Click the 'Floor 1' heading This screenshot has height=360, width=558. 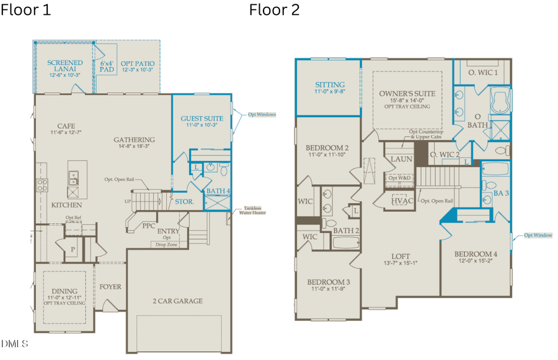25,10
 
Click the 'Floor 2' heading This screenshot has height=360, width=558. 275,10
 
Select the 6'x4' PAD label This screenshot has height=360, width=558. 107,67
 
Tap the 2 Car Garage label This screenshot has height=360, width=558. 177,301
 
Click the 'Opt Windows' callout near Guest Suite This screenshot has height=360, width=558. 262,115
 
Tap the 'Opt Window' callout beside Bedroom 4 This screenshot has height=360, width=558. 537,235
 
